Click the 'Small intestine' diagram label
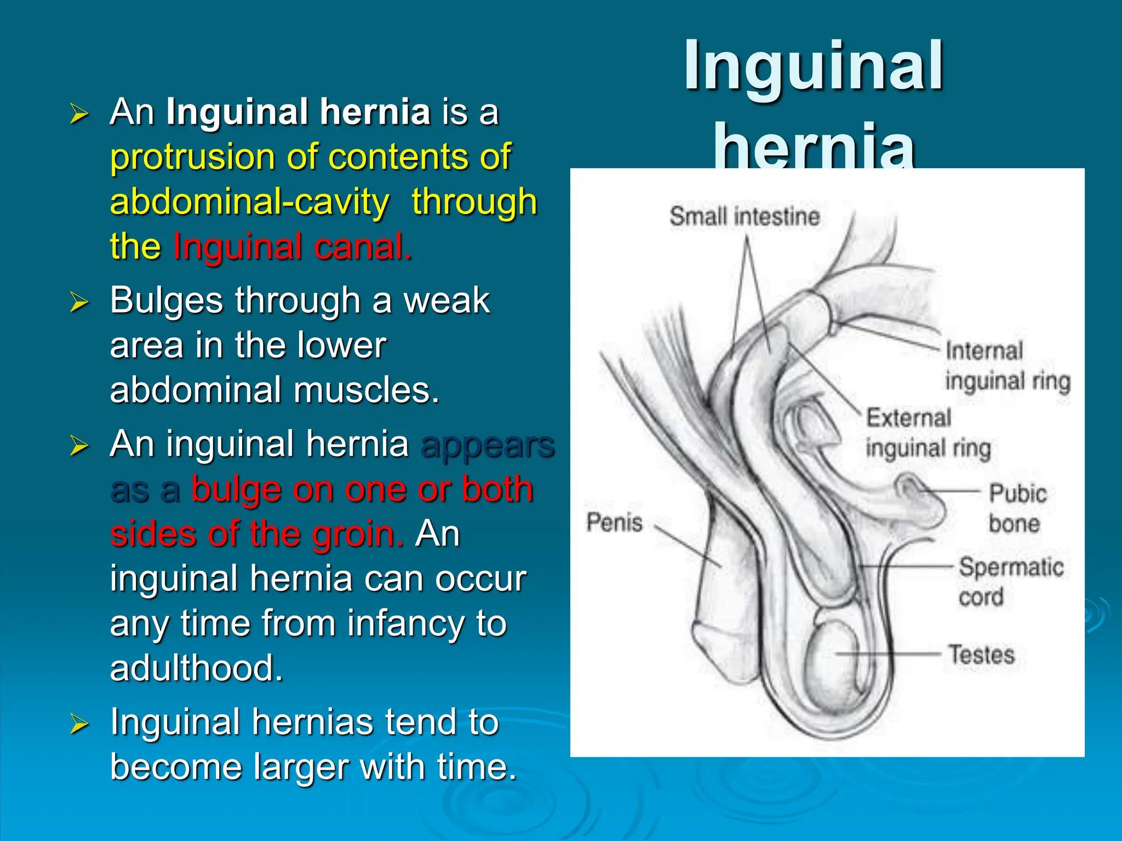tap(745, 216)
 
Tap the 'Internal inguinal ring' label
tap(1007, 365)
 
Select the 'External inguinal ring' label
tap(928, 433)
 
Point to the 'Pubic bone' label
tap(1017, 508)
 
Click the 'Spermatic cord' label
tap(1011, 581)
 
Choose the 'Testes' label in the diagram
tap(981, 655)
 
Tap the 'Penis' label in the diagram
tap(614, 522)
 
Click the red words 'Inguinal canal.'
tap(293, 247)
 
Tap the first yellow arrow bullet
tap(79, 114)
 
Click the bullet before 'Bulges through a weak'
tap(79, 302)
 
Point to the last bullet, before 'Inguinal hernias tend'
tap(79, 724)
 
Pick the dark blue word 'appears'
tap(488, 444)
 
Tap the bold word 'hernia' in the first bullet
tap(375, 112)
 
